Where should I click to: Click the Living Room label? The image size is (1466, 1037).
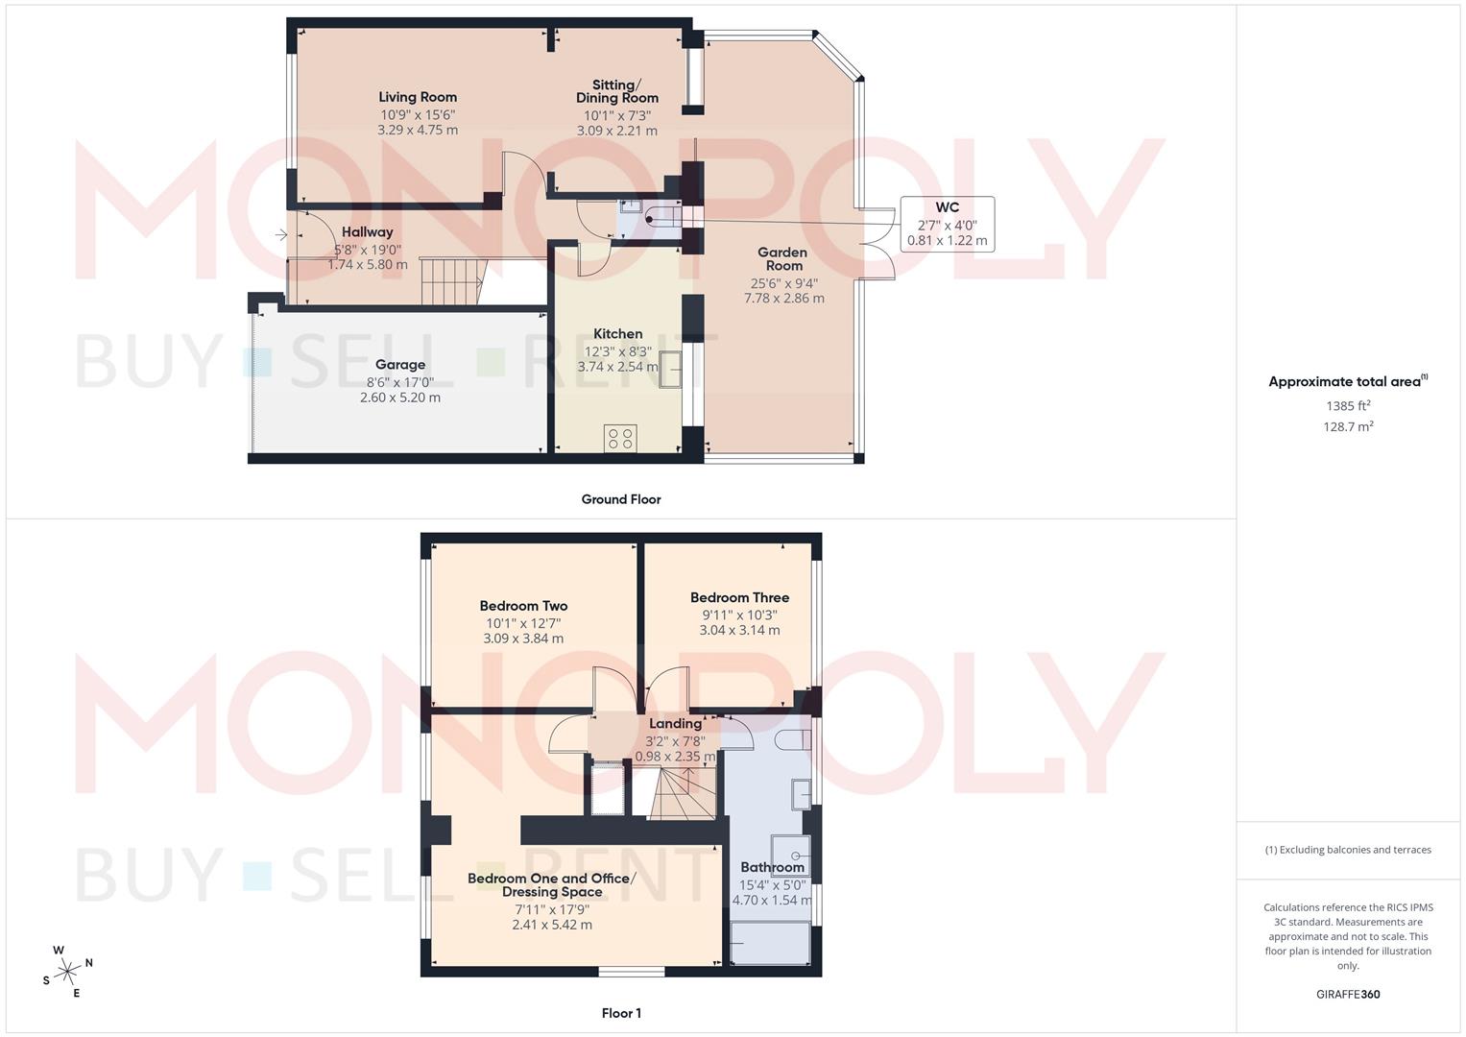[x=418, y=97]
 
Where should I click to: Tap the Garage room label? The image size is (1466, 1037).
[x=400, y=365]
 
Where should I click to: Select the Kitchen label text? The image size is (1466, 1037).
[x=617, y=334]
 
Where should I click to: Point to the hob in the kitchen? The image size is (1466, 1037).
[x=620, y=439]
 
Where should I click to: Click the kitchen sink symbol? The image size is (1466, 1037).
[x=669, y=369]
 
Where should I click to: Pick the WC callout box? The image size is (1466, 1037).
[x=947, y=225]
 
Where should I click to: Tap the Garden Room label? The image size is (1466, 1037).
[x=783, y=259]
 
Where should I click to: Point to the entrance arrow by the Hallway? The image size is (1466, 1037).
[x=280, y=234]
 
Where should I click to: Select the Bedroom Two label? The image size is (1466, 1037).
[x=523, y=606]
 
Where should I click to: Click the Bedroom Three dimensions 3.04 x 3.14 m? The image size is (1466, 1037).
[x=739, y=631]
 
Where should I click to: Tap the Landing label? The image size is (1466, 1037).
[x=675, y=724]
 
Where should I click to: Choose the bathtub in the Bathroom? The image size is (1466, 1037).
[x=770, y=943]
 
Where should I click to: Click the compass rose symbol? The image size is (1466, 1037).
[x=67, y=972]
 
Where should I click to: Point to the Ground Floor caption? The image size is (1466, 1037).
[x=621, y=499]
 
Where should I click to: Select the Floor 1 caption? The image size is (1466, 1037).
[x=621, y=1013]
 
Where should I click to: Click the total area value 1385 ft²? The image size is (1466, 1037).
[x=1348, y=406]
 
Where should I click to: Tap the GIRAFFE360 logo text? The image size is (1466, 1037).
[x=1348, y=995]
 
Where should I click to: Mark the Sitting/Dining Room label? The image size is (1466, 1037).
[x=617, y=91]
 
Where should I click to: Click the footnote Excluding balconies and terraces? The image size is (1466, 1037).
[x=1348, y=850]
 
